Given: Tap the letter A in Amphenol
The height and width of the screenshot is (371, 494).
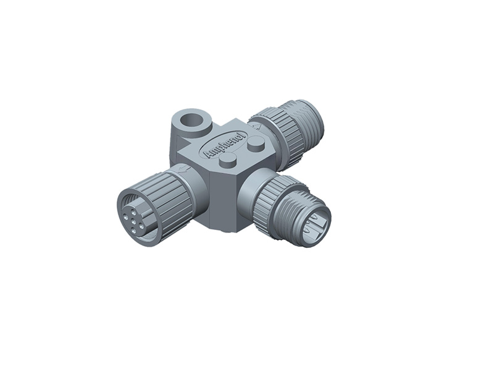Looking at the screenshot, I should [208, 155].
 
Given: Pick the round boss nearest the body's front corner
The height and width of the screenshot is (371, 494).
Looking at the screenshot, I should [228, 160].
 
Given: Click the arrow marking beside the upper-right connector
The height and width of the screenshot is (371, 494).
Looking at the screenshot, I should [258, 126].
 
